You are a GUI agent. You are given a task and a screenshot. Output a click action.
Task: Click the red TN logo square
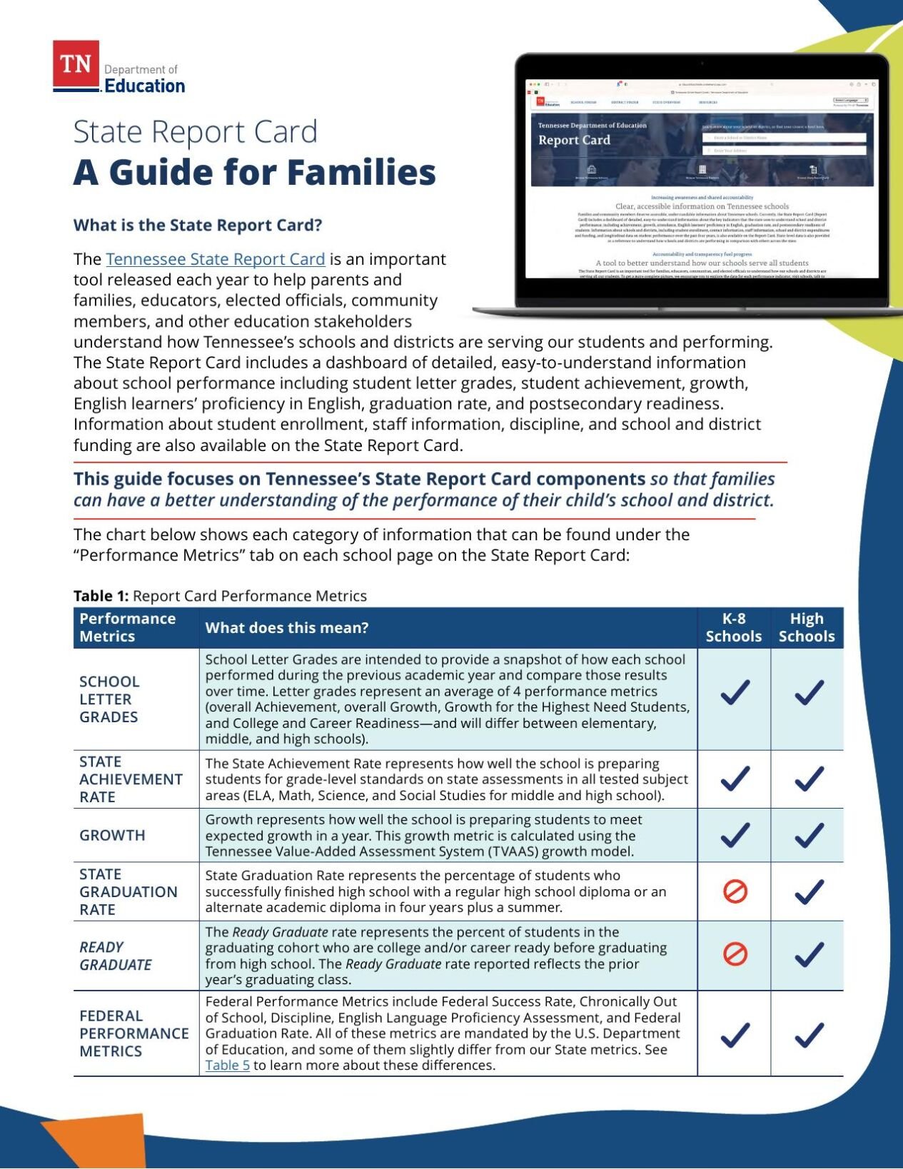point(76,64)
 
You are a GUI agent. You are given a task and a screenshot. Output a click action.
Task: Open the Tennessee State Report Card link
point(215,259)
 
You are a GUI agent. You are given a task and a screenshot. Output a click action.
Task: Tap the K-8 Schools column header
point(733,627)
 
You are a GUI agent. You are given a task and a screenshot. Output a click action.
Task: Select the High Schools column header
point(807,627)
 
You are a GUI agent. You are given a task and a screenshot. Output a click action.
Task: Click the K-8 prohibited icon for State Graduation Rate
point(735,891)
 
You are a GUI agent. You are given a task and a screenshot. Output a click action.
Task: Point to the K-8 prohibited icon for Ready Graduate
point(735,954)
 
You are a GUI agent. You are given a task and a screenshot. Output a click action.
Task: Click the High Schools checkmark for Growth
point(808,835)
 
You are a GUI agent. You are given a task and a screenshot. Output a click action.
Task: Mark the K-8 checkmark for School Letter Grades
point(735,692)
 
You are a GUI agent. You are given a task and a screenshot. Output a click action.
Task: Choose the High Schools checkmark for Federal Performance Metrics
point(808,1035)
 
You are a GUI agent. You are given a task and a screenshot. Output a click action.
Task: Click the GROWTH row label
point(112,835)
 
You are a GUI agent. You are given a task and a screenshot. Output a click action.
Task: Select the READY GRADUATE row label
point(115,956)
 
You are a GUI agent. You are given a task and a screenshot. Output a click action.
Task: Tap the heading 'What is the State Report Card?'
point(198,226)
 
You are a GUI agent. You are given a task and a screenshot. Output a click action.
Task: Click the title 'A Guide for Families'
point(254,172)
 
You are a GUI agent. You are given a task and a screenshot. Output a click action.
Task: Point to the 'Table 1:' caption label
point(101,596)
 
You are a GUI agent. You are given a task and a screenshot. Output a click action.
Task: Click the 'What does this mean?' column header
point(287,628)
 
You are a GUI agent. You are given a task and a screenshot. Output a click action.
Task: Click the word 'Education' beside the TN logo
point(145,86)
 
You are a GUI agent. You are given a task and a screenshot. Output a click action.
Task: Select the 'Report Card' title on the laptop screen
point(574,140)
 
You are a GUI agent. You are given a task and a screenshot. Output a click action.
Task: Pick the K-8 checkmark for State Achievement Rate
point(735,779)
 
